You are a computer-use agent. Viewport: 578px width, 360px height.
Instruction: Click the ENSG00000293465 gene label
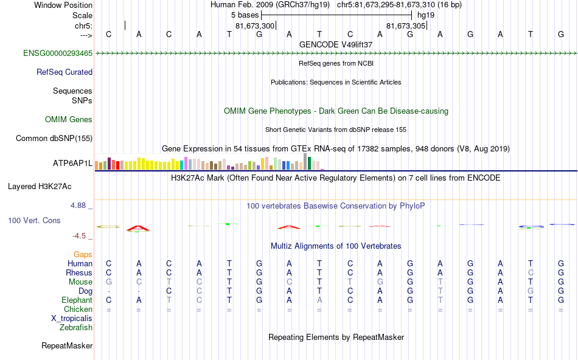[x=58, y=54]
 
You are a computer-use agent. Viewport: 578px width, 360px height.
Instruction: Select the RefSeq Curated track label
[x=64, y=72]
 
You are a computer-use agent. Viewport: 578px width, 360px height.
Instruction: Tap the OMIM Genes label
[x=69, y=120]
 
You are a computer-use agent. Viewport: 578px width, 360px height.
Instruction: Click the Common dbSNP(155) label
[x=54, y=138]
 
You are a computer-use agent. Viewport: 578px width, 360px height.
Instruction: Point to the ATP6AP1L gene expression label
[x=72, y=164]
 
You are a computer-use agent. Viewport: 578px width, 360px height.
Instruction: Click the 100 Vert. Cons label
[x=35, y=220]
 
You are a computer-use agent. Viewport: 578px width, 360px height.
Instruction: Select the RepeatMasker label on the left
[x=67, y=346]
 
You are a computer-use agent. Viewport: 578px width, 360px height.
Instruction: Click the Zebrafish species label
[x=76, y=328]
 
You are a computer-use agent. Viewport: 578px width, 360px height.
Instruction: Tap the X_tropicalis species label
[x=72, y=319]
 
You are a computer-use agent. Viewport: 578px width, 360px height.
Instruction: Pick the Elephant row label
[x=77, y=300]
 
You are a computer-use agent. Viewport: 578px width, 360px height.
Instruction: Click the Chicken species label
[x=77, y=310]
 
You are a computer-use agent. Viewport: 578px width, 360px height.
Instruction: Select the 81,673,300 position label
[x=255, y=26]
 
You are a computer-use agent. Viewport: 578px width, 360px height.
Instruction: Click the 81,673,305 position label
[x=406, y=26]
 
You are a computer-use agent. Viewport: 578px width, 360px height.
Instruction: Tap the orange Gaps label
[x=83, y=255]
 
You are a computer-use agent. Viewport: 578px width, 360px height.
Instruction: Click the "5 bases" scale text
[x=245, y=15]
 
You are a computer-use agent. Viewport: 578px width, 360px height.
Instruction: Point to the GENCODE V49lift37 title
[x=336, y=44]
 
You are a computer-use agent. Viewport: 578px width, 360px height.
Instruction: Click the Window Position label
[x=63, y=5]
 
